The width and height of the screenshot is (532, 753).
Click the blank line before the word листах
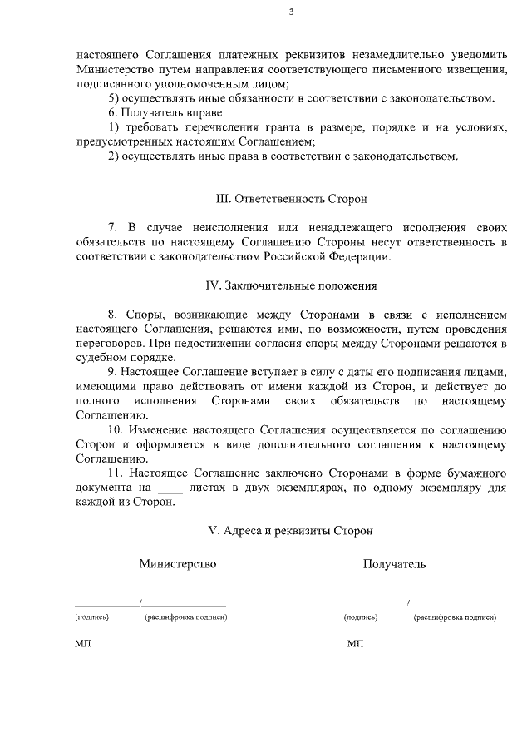tap(170, 488)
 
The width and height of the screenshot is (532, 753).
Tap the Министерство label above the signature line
tap(177, 564)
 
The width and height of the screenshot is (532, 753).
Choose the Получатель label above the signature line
tap(394, 564)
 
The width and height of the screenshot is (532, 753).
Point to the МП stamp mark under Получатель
tap(355, 645)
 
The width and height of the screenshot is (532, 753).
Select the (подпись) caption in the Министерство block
tap(91, 617)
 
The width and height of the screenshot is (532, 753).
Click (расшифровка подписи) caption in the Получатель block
tap(455, 617)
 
